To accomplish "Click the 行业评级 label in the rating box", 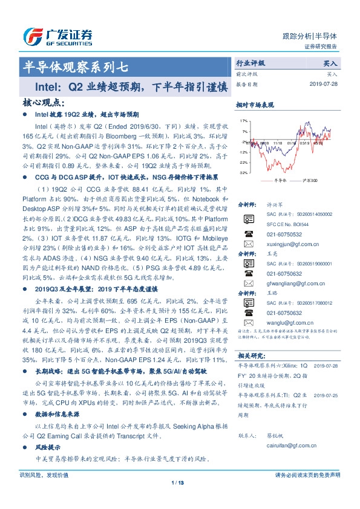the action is (x=250, y=62).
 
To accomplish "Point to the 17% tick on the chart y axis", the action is (x=243, y=120).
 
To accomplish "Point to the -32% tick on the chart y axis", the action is (x=243, y=172).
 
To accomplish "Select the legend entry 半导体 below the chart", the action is (x=279, y=180).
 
